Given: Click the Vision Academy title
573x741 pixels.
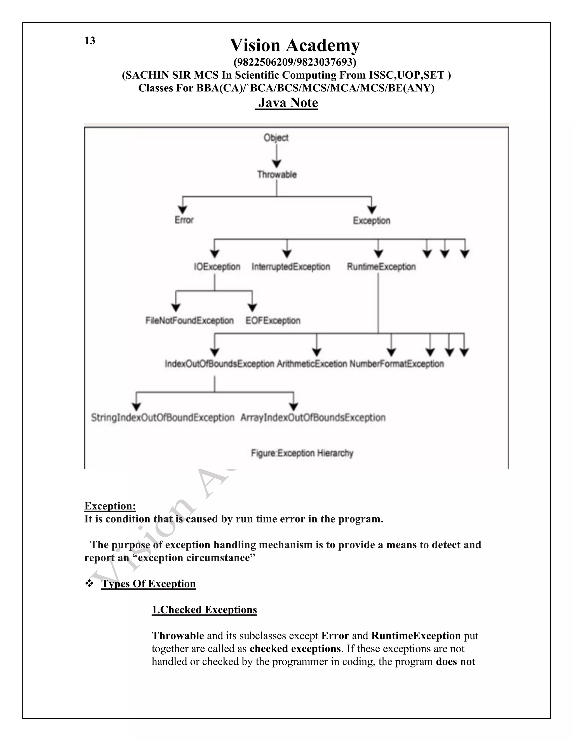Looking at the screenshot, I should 295,45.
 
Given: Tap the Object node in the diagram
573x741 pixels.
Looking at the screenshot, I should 276,138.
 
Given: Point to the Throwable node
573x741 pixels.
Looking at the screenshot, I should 277,175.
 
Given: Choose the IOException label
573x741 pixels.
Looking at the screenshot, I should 217,267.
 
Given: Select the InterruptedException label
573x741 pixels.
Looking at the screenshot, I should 291,267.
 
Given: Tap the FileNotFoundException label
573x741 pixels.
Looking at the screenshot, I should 189,321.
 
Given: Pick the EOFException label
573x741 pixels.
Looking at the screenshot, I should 273,321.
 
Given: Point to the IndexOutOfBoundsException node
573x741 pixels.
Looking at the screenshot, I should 219,364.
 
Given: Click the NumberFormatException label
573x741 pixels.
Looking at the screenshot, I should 396,364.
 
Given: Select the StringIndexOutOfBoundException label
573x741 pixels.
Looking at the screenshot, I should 163,418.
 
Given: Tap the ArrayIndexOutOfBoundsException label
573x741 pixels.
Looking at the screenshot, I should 313,418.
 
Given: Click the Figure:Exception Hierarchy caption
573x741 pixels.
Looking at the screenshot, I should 302,453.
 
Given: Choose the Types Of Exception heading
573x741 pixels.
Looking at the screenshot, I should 148,584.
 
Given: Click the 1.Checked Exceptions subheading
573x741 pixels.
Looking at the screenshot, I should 204,610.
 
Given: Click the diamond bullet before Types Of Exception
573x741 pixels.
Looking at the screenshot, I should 89,584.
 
